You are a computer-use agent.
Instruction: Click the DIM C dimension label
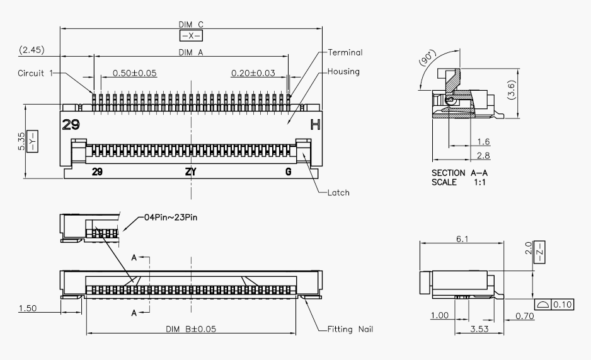tap(191, 25)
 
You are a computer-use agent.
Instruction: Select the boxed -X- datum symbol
tap(191, 36)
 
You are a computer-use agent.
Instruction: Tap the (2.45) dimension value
tap(32, 49)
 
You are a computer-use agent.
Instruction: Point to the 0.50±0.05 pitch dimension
tap(135, 73)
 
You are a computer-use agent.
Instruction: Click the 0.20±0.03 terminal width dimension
tap(253, 73)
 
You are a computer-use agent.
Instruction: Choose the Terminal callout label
tap(345, 52)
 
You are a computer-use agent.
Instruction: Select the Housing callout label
tap(343, 71)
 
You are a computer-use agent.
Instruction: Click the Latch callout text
tap(338, 192)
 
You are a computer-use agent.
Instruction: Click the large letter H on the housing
tap(316, 125)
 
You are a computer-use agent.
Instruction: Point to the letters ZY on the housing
tap(190, 171)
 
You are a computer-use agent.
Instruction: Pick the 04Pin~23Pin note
tap(171, 218)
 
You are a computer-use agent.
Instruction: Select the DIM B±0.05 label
tap(190, 329)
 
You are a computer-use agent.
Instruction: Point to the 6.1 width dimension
tap(462, 238)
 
